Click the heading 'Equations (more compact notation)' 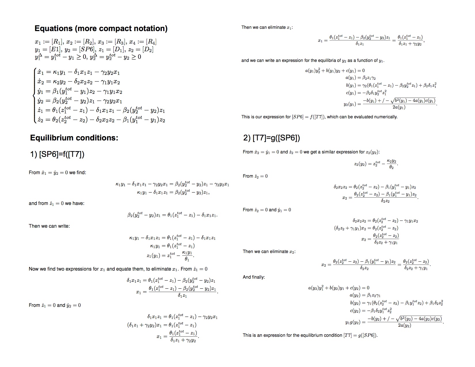click(101, 28)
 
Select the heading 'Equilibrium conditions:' click(74, 138)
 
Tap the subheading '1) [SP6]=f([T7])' click(57, 155)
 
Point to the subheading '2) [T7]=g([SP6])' click(271, 138)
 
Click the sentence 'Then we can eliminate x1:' click(267, 28)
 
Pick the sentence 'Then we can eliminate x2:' click(269, 252)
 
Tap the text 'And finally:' click(254, 277)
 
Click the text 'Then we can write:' click(49, 226)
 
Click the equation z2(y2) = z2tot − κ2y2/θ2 click(376, 164)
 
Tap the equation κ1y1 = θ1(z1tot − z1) click(172, 246)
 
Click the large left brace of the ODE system click(35, 96)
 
